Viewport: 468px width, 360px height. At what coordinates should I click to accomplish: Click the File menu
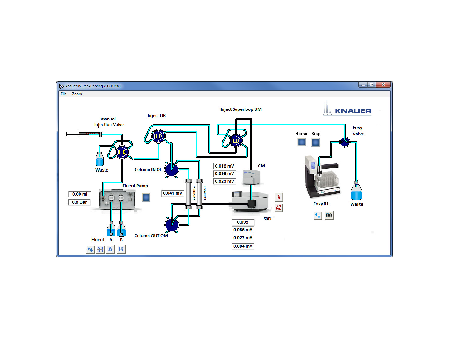(x=64, y=94)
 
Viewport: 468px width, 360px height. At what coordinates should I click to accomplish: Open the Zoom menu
(x=77, y=94)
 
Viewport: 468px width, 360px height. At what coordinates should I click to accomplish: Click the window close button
(x=383, y=85)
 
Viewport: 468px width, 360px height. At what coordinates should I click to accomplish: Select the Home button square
(x=302, y=142)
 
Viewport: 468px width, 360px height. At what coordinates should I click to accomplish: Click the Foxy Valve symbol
(x=345, y=142)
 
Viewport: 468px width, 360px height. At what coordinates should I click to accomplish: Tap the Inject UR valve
(x=158, y=136)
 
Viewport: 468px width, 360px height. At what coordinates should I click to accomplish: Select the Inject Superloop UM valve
(x=235, y=140)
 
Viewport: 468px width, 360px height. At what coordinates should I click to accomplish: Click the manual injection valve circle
(x=122, y=152)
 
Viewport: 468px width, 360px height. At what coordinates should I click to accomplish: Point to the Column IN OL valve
(x=172, y=170)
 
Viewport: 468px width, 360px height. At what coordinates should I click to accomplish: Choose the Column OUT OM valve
(x=172, y=225)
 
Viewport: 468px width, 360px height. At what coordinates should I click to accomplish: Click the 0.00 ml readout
(x=80, y=194)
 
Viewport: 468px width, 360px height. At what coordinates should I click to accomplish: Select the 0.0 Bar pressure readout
(x=80, y=202)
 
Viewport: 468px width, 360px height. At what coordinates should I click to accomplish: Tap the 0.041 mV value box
(x=173, y=193)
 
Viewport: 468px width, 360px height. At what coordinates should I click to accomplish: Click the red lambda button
(x=279, y=197)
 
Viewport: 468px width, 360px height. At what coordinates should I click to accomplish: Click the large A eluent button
(x=110, y=249)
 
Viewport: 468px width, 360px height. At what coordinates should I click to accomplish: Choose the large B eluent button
(x=121, y=249)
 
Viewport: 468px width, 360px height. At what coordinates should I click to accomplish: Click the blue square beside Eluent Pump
(x=146, y=197)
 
